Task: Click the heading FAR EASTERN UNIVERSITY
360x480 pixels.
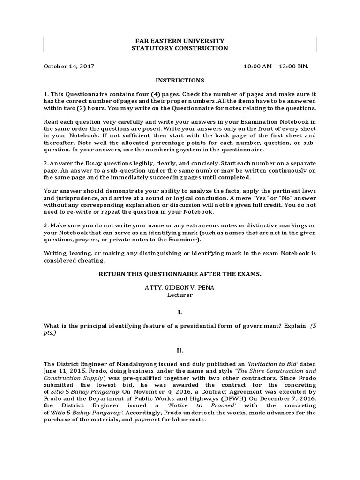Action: click(180, 41)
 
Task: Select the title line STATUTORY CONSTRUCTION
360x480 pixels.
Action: click(180, 48)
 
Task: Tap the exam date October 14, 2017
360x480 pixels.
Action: click(69, 66)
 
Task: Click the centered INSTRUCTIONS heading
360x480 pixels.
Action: click(180, 81)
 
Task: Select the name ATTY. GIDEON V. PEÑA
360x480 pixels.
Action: click(180, 287)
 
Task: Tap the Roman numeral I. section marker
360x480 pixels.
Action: click(180, 311)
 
